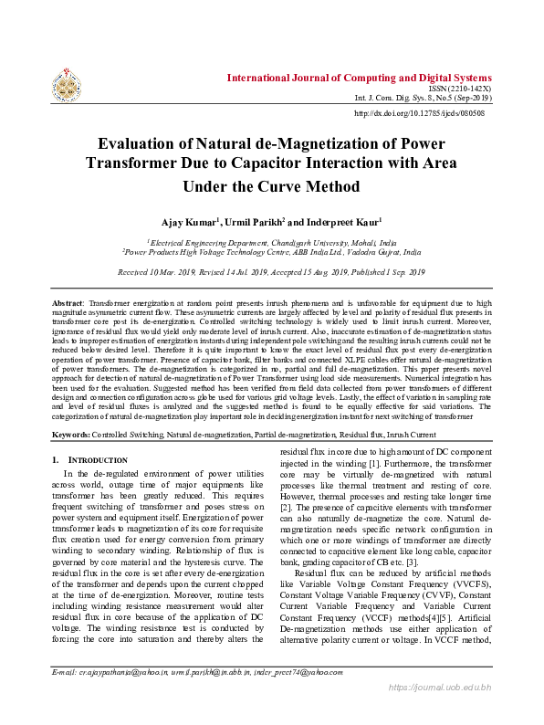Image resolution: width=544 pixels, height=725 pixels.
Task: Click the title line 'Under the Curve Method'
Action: pos(272,186)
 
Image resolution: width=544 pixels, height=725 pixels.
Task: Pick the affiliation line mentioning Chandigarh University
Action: pos(272,243)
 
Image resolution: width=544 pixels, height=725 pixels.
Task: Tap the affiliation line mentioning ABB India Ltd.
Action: pos(272,252)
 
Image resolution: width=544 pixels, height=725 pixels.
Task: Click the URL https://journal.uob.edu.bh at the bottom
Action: pos(440,712)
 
